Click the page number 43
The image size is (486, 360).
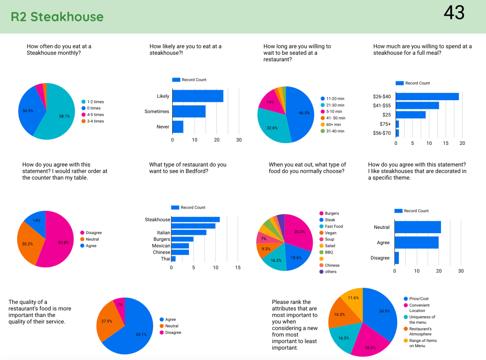[454, 13]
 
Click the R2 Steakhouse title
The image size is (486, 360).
[57, 17]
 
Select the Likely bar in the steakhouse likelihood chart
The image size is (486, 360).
[197, 96]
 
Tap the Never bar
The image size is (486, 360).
[178, 127]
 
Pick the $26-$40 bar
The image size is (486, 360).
[427, 96]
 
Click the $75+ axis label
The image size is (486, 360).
[385, 124]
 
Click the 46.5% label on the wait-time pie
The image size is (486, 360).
[304, 113]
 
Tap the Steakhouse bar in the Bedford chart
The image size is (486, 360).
[195, 219]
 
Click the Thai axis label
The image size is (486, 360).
[165, 259]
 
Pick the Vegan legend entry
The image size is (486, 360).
[330, 233]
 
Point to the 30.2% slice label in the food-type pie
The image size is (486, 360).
[300, 232]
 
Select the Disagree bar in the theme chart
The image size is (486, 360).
[397, 258]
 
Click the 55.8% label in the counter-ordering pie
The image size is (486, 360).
[63, 243]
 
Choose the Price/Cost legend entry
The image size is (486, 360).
[419, 299]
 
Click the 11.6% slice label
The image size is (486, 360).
[353, 297]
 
